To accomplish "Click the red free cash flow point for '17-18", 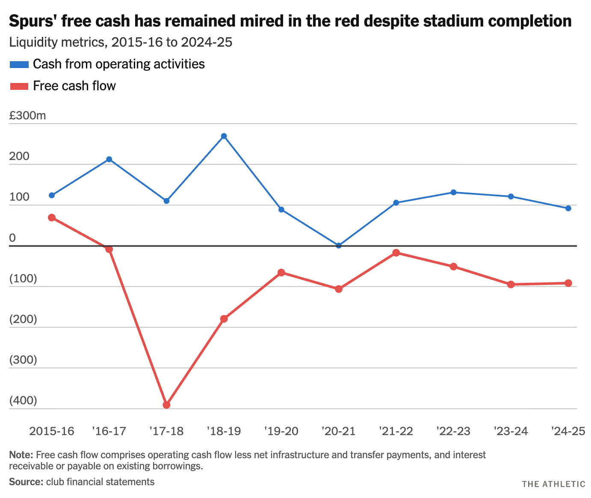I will coord(167,405).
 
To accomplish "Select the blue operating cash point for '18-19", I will coord(224,136).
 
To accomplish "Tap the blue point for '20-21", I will coord(339,246).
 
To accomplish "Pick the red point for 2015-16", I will coord(52,217).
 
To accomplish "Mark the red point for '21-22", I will coord(396,253).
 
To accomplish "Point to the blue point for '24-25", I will coord(568,208).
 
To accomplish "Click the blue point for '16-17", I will coord(109,159).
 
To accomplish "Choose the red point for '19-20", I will coord(281,273).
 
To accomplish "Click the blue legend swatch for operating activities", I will coord(19,64).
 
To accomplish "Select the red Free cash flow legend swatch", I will coord(19,86).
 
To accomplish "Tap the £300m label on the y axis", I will coord(27,116).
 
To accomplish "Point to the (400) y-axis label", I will coord(23,401).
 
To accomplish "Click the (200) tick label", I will coord(23,320).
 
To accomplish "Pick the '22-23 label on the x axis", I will coord(453,431).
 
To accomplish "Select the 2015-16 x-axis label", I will coord(52,431).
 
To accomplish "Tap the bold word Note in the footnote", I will coord(18,455).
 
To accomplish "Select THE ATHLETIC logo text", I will coord(553,484).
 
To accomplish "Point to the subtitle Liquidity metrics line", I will coord(121,42).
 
